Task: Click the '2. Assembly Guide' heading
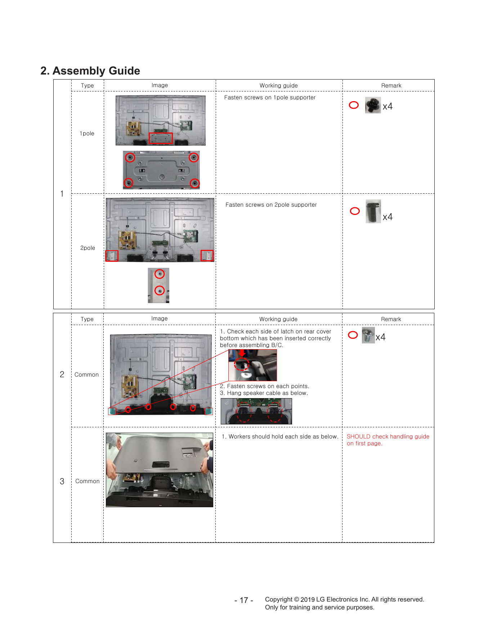(x=90, y=71)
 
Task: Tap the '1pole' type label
(x=87, y=134)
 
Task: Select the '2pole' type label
(x=88, y=248)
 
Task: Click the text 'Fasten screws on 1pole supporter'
(x=270, y=98)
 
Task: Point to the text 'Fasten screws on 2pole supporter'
(x=271, y=205)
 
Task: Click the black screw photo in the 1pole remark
(x=373, y=105)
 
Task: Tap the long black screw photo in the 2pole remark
(x=373, y=212)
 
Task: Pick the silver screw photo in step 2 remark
(x=368, y=335)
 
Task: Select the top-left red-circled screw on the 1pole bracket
(x=130, y=157)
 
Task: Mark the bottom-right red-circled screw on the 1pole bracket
(x=195, y=183)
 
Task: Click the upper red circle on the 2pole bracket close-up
(x=160, y=274)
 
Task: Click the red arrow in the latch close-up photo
(x=242, y=353)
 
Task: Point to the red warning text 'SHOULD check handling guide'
(x=388, y=437)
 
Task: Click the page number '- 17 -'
(x=244, y=600)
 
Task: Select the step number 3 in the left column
(x=62, y=482)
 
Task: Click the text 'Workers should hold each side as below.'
(x=283, y=437)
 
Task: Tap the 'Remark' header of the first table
(x=391, y=86)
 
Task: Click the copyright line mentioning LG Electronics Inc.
(x=345, y=600)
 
